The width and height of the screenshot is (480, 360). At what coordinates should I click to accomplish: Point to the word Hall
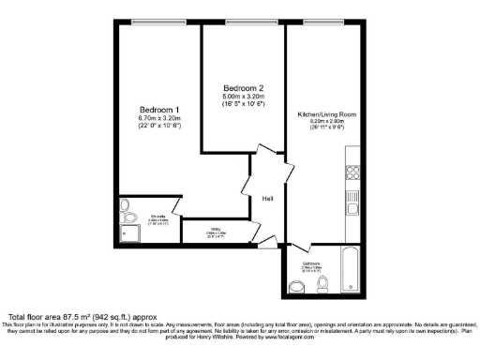pyautogui.click(x=267, y=199)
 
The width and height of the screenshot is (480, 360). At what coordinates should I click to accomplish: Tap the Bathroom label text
pyautogui.click(x=310, y=264)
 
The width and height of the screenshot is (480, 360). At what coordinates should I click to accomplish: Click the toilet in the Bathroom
pyautogui.click(x=322, y=283)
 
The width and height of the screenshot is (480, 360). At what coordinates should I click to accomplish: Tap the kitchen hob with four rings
pyautogui.click(x=353, y=172)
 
